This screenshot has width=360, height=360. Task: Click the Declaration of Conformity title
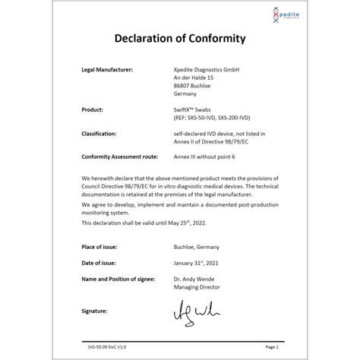(179, 39)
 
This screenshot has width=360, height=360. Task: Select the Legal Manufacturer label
(107, 69)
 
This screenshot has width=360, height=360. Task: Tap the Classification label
(99, 133)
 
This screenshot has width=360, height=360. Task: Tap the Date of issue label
(99, 264)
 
